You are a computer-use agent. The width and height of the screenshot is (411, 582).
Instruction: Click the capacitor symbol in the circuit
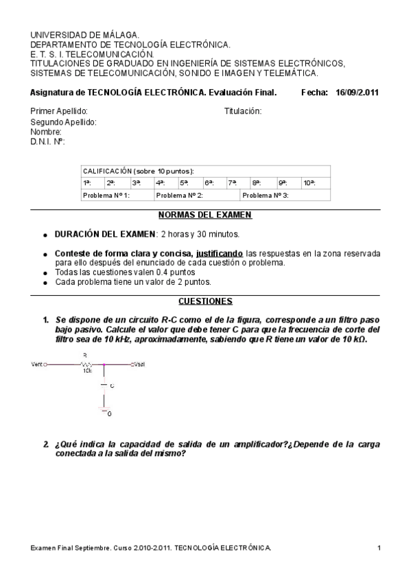[104, 386]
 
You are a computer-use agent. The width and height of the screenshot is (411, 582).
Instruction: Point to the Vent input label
[37, 364]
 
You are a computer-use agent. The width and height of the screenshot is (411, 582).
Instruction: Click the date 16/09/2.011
[357, 93]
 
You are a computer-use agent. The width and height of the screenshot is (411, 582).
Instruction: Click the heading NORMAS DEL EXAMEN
[205, 215]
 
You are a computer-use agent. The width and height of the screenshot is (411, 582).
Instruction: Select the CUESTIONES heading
[205, 301]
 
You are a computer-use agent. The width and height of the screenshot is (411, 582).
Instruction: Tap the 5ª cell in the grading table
[184, 183]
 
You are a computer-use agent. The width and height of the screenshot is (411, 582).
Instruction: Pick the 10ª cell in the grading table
[309, 183]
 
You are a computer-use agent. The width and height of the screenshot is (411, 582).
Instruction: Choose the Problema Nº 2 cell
[179, 196]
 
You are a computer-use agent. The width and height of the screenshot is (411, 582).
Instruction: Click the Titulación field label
[243, 111]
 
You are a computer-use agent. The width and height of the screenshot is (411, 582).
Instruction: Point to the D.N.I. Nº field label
[47, 141]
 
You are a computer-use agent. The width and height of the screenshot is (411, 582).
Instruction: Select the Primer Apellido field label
[60, 111]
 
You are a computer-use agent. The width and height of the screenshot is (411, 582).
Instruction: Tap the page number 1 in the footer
[379, 547]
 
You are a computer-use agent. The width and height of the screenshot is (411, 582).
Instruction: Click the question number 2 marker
[45, 444]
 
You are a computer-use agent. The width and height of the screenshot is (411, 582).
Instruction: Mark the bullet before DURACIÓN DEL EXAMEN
[45, 235]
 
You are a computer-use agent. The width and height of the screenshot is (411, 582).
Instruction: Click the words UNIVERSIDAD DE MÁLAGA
[85, 34]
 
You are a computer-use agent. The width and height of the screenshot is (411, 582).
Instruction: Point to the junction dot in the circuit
[104, 364]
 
